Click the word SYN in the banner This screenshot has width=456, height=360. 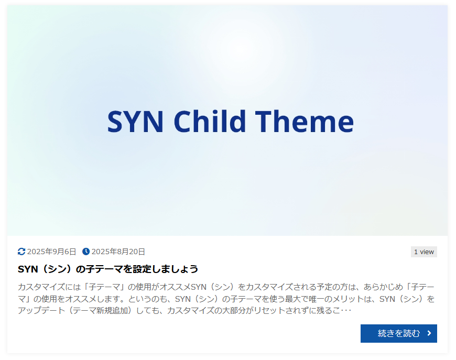pyautogui.click(x=135, y=122)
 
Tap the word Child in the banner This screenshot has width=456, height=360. pyautogui.click(x=210, y=121)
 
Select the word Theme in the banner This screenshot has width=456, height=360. pyautogui.click(x=304, y=121)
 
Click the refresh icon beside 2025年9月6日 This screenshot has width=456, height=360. pyautogui.click(x=21, y=252)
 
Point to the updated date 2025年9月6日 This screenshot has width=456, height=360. pyautogui.click(x=51, y=252)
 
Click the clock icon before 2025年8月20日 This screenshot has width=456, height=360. pyautogui.click(x=86, y=252)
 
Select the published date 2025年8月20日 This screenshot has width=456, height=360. pyautogui.click(x=118, y=252)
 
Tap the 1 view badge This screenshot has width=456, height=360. pyautogui.click(x=424, y=252)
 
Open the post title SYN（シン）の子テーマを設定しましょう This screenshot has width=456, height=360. pyautogui.click(x=108, y=269)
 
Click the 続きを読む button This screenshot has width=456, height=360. pyautogui.click(x=399, y=334)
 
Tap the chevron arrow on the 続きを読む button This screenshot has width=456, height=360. pyautogui.click(x=429, y=333)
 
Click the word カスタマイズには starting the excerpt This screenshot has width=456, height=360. pyautogui.click(x=49, y=287)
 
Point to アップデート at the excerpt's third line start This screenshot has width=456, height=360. pyautogui.click(x=41, y=311)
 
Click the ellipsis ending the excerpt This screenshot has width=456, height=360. pyautogui.click(x=346, y=311)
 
